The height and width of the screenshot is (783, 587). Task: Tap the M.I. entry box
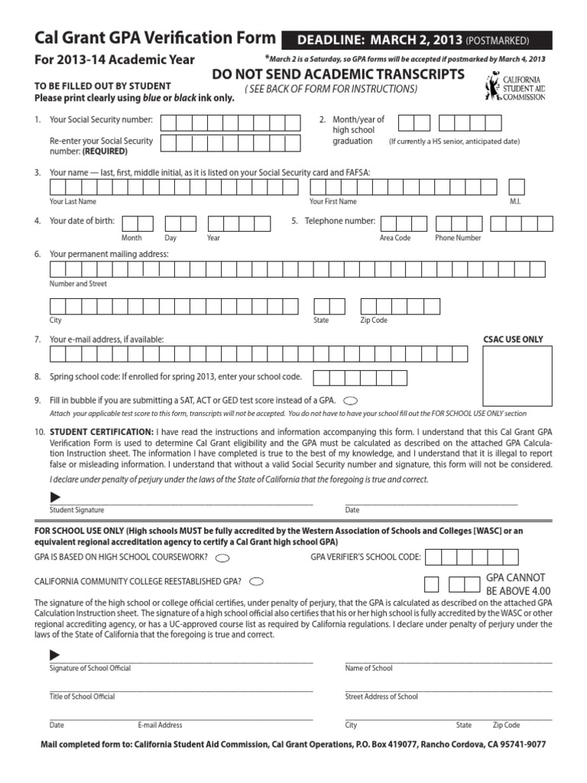517,187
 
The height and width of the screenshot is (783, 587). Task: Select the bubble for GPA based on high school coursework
222,557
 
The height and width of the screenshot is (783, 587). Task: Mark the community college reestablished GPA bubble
257,581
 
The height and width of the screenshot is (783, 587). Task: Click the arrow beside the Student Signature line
55,498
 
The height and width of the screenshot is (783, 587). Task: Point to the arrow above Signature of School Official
55,655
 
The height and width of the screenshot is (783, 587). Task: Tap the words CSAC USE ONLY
513,339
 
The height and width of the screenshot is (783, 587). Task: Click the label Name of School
368,668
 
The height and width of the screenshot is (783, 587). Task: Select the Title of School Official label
82,697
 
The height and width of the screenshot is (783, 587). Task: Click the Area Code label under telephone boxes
395,238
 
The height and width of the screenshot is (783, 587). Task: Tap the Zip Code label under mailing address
374,320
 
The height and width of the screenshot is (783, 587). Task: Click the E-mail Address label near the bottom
160,725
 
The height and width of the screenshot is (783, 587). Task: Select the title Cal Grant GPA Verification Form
155,38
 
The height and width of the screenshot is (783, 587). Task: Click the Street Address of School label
381,697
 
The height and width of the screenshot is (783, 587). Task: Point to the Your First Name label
332,201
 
